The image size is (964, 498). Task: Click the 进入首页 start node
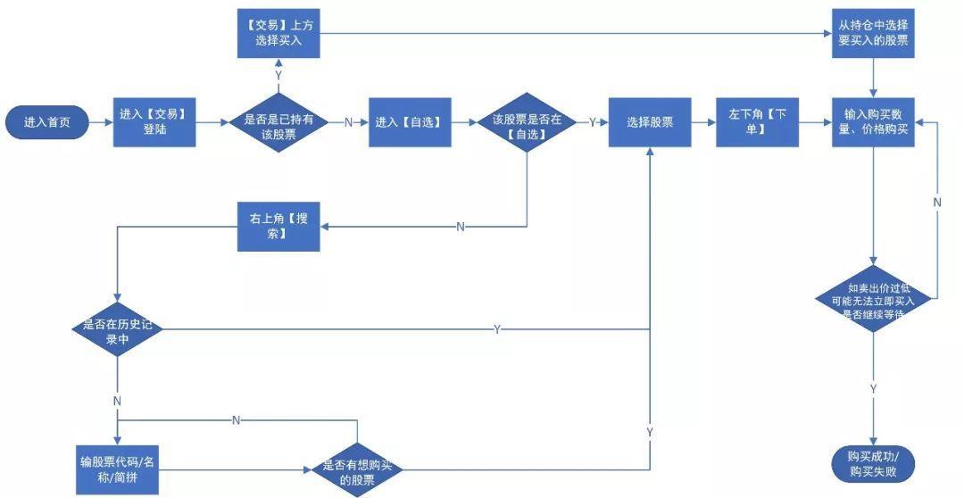(x=47, y=122)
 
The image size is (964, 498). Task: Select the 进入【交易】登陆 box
(x=154, y=122)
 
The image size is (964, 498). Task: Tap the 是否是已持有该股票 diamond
(x=278, y=122)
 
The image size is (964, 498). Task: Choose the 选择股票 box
(x=650, y=122)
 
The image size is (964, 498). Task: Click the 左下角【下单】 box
(x=758, y=122)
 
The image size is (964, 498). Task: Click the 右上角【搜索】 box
(x=278, y=227)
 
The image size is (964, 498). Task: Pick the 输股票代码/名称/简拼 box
(x=118, y=469)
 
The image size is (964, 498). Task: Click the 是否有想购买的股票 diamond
(x=356, y=469)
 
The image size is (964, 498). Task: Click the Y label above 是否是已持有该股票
(x=278, y=76)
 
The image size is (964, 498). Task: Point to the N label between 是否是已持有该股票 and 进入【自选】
(x=348, y=123)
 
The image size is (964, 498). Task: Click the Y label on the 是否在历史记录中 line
(x=496, y=330)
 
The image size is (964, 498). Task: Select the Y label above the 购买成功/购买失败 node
(x=873, y=389)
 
